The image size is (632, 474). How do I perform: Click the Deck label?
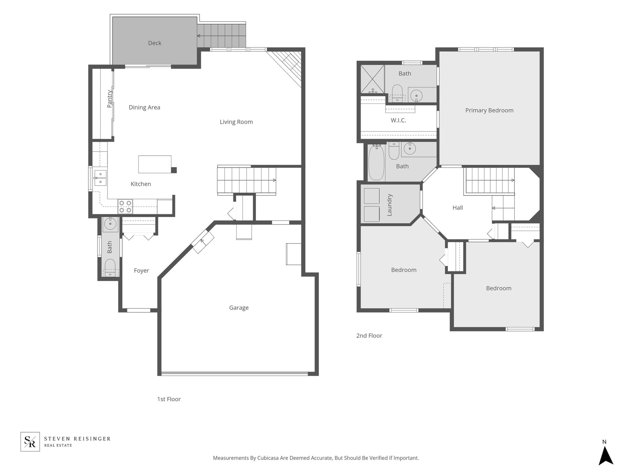[154, 43]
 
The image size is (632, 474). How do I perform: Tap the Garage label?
[239, 308]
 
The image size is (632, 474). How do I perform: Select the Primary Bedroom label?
[489, 111]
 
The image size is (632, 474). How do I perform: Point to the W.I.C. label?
[398, 120]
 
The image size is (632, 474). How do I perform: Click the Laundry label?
[389, 205]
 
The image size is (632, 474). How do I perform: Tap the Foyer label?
[141, 271]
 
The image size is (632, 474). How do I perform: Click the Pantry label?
[109, 99]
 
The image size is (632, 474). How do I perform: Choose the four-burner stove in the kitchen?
[125, 206]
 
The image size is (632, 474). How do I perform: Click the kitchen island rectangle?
[155, 164]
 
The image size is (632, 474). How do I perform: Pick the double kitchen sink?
[100, 178]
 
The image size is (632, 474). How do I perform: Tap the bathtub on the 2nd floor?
[376, 163]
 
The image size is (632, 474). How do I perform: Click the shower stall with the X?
[372, 79]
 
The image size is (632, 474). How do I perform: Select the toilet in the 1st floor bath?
[110, 267]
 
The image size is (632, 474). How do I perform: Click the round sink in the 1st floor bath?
[110, 223]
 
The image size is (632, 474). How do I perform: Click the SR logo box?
[30, 442]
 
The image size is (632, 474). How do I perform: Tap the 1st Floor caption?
[169, 399]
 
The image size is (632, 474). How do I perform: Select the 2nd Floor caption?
[369, 336]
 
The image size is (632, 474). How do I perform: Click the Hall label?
[457, 207]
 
